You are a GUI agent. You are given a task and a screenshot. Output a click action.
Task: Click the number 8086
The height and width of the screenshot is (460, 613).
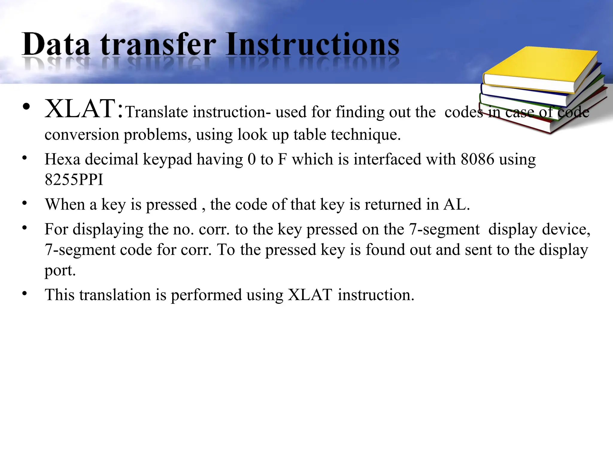point(477,159)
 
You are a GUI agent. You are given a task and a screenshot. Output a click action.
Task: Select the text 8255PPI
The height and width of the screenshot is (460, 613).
point(74,180)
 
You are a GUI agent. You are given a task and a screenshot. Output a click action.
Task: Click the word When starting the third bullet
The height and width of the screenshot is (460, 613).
point(65,205)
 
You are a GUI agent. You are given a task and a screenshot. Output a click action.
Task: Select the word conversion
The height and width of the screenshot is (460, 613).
point(82,134)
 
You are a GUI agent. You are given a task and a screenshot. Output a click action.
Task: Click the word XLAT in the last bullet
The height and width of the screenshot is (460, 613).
point(310,295)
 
